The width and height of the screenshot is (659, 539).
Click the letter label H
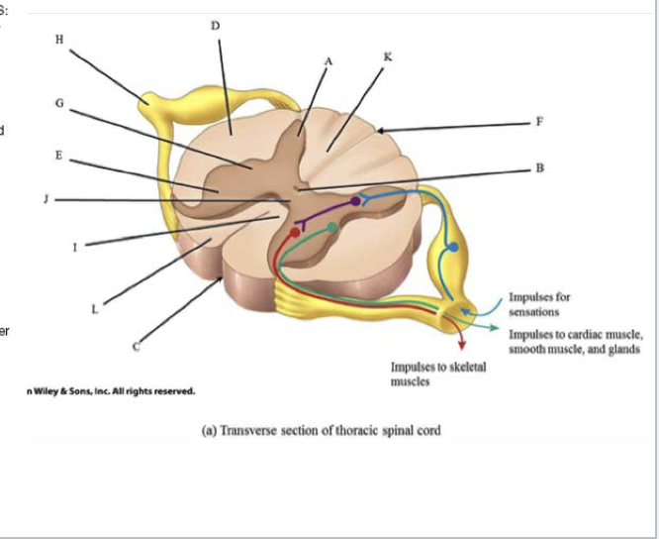click(x=60, y=40)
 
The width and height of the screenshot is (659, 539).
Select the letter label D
click(x=215, y=25)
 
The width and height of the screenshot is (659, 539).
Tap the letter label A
click(x=329, y=60)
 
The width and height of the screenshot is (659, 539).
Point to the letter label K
click(x=387, y=57)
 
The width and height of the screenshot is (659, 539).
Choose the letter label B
click(x=539, y=167)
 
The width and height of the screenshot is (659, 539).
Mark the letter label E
click(x=60, y=156)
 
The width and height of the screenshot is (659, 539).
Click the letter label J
click(x=47, y=199)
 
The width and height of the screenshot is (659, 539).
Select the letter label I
click(x=74, y=247)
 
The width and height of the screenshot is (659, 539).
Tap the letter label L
click(x=95, y=308)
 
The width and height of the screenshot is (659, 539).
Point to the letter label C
click(x=137, y=347)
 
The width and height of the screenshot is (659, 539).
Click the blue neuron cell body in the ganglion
click(x=452, y=246)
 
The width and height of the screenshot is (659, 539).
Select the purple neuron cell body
click(x=355, y=201)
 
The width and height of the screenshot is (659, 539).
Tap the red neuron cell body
click(x=295, y=232)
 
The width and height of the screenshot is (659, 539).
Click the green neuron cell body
click(x=333, y=229)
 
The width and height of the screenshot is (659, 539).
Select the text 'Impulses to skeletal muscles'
click(x=438, y=374)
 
